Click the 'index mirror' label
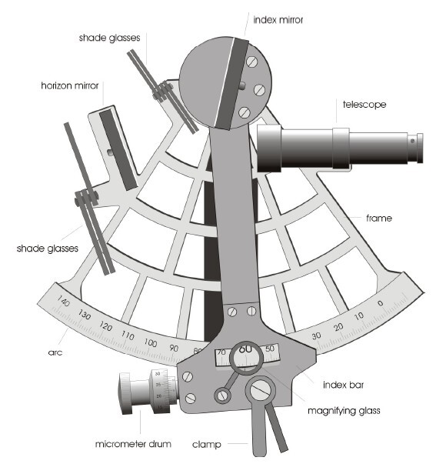tap(278, 20)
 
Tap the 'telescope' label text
tap(364, 105)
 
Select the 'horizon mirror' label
tap(70, 86)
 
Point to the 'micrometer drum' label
tap(133, 444)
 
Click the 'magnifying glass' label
tap(344, 411)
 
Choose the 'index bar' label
tap(344, 385)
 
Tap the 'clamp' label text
tap(206, 445)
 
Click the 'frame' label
tap(379, 219)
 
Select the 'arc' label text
tap(55, 352)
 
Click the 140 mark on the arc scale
tap(63, 301)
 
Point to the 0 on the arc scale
tap(381, 303)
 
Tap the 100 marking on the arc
tap(151, 342)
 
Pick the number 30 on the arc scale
tap(316, 335)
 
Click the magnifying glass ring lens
tap(246, 359)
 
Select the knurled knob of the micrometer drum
tap(125, 393)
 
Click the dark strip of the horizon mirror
tap(118, 150)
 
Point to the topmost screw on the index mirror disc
tap(251, 62)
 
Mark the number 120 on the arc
tap(105, 326)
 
